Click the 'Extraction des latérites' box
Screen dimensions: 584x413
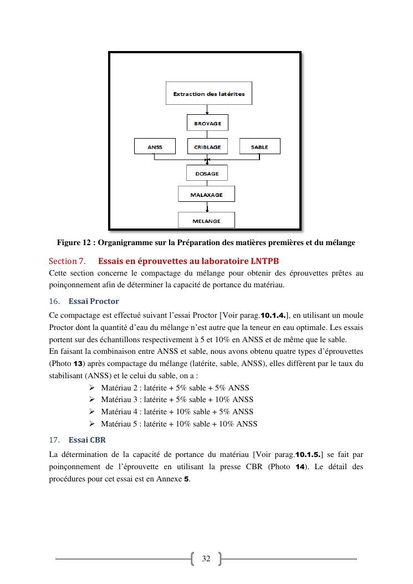click(208, 93)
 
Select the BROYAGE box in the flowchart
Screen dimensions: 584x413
click(207, 123)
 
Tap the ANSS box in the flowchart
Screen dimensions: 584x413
click(155, 146)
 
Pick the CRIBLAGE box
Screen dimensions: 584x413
click(207, 146)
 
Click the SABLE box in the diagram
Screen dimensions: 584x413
click(259, 146)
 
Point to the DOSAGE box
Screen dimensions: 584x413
click(207, 173)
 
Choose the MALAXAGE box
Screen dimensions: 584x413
click(206, 194)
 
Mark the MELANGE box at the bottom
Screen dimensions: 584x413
click(206, 220)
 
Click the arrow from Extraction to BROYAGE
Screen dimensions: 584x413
click(207, 109)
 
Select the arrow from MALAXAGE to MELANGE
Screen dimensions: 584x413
click(207, 207)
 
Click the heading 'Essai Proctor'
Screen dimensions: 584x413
click(94, 301)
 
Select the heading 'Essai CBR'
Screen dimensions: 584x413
click(87, 440)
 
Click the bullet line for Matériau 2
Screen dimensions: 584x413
click(175, 388)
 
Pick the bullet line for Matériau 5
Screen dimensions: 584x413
click(179, 424)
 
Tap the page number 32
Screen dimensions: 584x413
click(206, 558)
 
